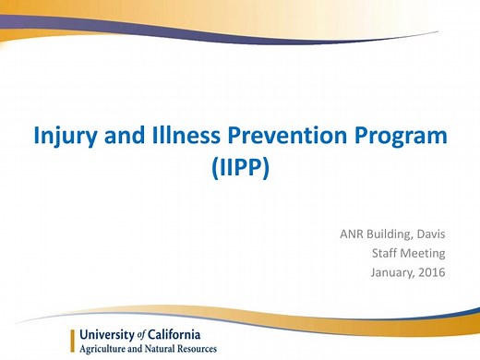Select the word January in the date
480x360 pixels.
(x=396, y=272)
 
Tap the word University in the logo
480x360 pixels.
(x=108, y=334)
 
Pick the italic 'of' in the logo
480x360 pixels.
(x=143, y=334)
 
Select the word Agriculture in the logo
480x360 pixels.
(x=106, y=349)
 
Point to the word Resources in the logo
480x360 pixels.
(x=198, y=349)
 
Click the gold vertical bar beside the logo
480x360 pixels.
(x=73, y=341)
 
